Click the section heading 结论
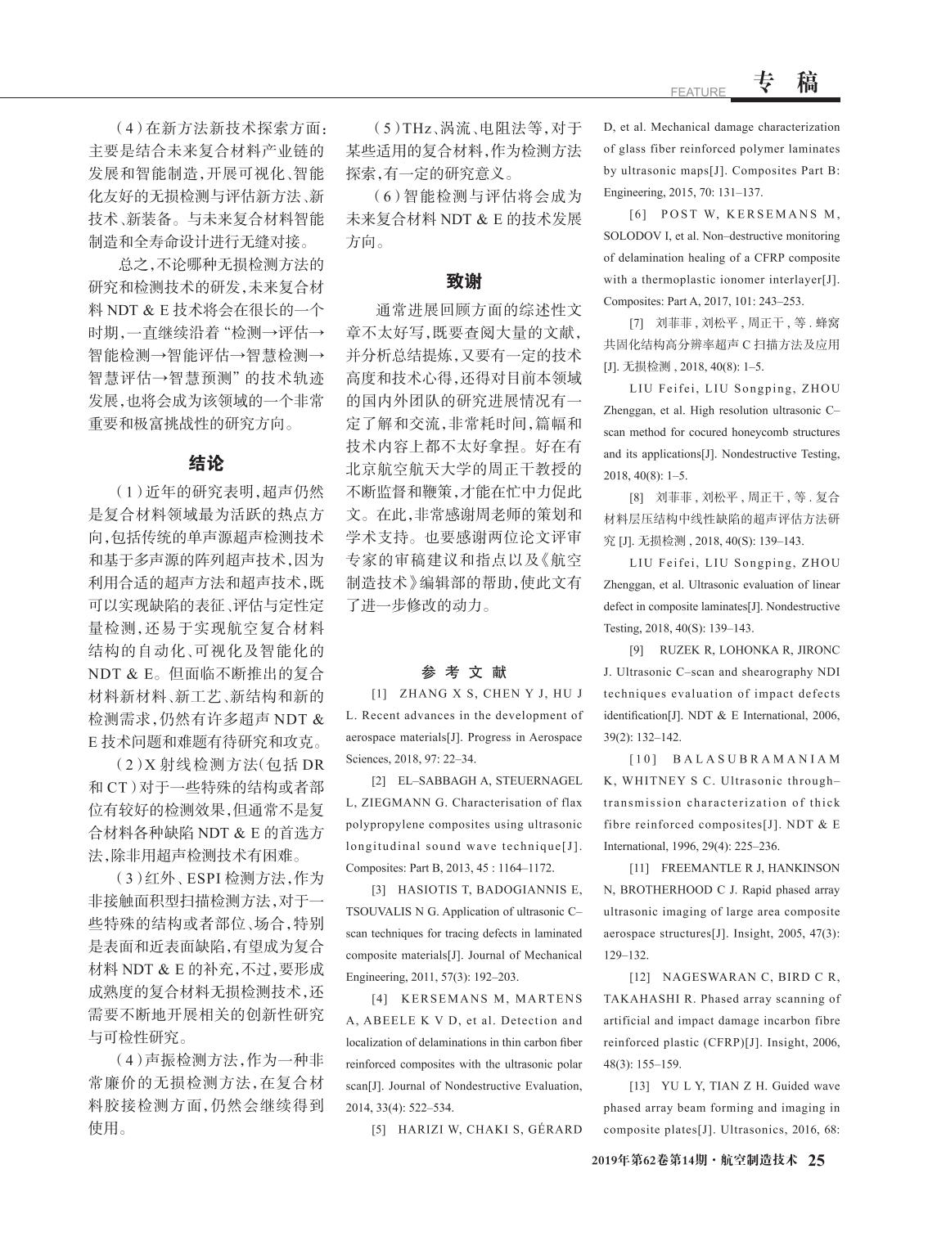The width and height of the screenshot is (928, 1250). [205, 463]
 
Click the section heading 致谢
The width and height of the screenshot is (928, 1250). [464, 281]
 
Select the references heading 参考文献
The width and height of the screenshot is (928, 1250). [464, 672]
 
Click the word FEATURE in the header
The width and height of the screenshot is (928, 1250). [698, 92]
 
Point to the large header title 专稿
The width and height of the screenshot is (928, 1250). [786, 82]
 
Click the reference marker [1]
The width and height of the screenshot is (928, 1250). [379, 694]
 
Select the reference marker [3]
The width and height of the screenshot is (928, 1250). [379, 889]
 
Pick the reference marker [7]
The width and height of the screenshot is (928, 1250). [637, 323]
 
